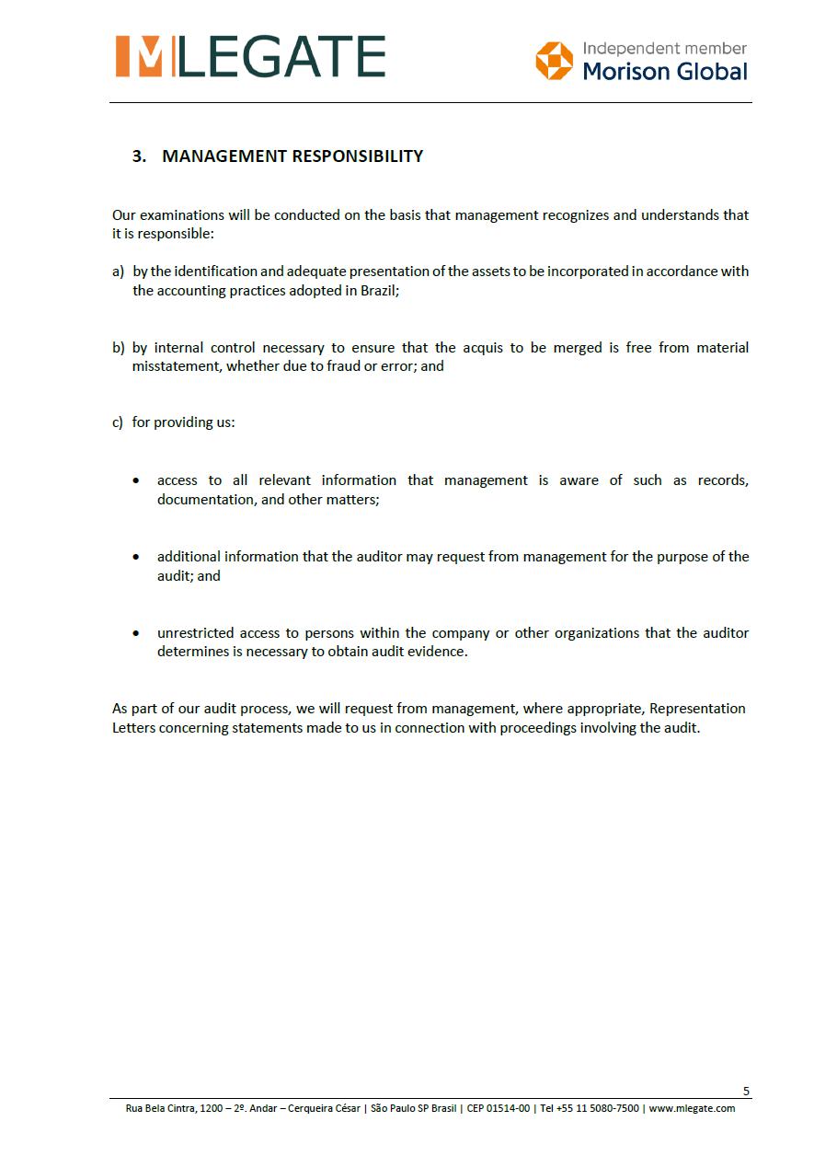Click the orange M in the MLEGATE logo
click(139, 56)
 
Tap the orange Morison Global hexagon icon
click(554, 61)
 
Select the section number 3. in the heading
click(139, 156)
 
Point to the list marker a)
click(118, 272)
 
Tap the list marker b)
click(118, 348)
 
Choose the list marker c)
click(118, 422)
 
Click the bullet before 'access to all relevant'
click(136, 481)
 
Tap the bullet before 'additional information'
click(136, 558)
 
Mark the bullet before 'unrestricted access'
click(136, 634)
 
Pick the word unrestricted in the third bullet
click(195, 633)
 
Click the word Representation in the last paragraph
click(697, 709)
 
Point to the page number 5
click(746, 1092)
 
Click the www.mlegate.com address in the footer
click(692, 1108)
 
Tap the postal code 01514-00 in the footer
click(511, 1108)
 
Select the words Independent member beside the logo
click(664, 48)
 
